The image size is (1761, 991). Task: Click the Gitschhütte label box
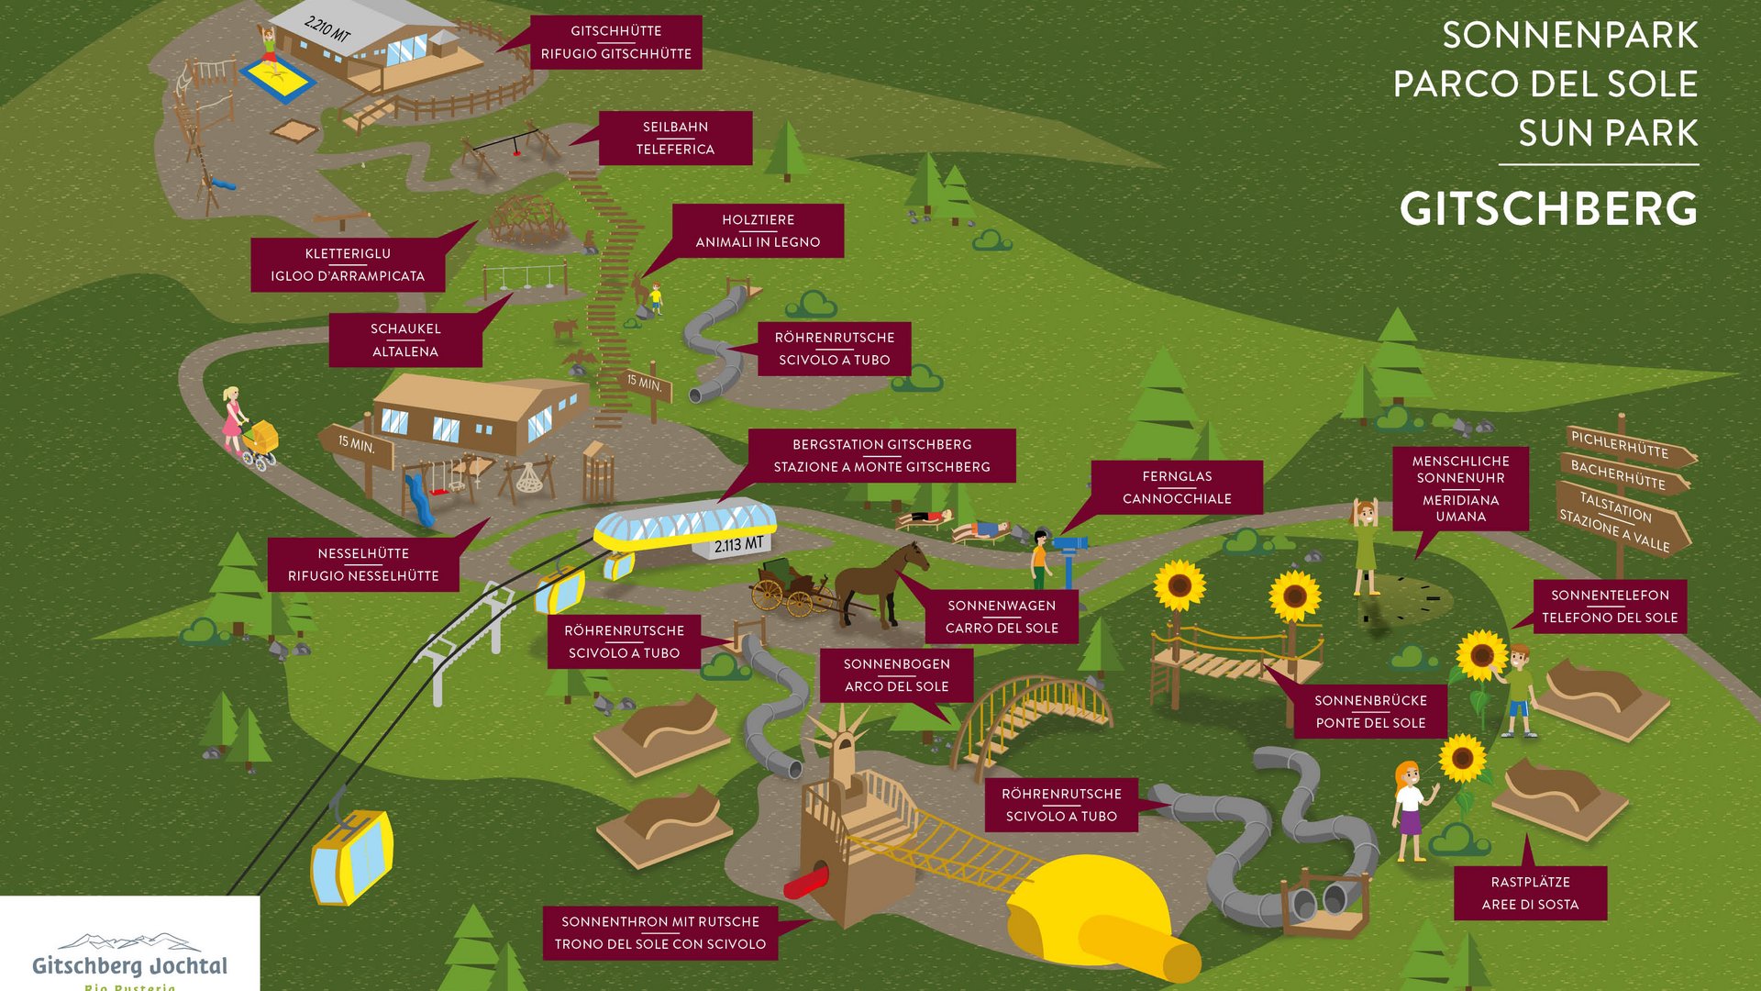coord(615,42)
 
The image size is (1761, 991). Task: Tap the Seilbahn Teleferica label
coord(675,139)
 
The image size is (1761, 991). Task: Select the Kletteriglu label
coord(348,264)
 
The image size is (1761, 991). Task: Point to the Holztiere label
coord(758,230)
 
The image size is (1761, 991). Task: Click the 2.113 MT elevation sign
coord(739,545)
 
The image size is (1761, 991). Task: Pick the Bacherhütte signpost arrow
coord(1622,474)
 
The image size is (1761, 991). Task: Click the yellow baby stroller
coord(260,440)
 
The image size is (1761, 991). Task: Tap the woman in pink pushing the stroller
coord(233,420)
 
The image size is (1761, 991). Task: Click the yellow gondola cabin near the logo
coord(351,856)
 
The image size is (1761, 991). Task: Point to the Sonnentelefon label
coord(1610,607)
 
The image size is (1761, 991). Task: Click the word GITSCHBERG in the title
coord(1548,209)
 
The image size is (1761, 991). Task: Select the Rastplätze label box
coord(1530,893)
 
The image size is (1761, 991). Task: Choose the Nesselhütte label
coord(363,564)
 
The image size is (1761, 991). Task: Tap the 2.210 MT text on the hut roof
coord(327,29)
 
